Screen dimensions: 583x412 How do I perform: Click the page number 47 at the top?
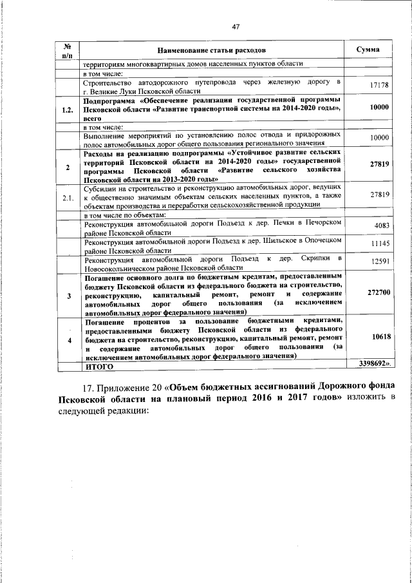point(236,26)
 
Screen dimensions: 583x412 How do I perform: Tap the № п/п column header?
point(66,50)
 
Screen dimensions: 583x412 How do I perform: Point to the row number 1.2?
point(66,110)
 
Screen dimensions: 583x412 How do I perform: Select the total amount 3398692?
point(373,364)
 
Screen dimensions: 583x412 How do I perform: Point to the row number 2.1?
point(66,196)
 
